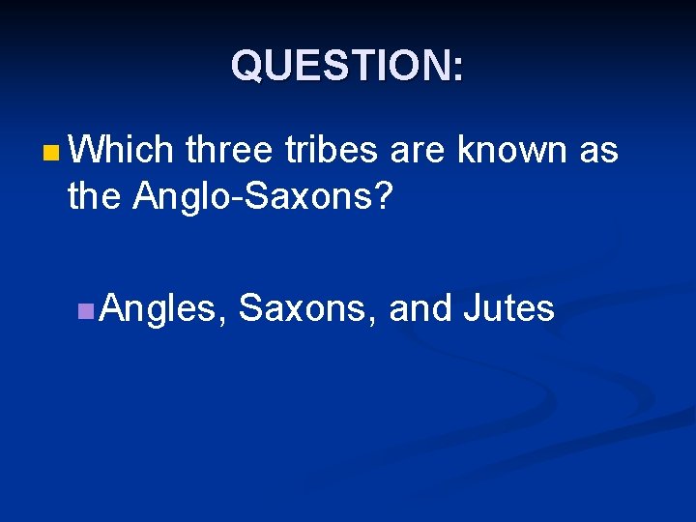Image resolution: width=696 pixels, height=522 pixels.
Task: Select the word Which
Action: click(x=121, y=150)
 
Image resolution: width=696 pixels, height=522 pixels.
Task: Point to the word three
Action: click(x=231, y=150)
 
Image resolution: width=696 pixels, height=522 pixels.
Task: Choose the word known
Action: click(x=511, y=150)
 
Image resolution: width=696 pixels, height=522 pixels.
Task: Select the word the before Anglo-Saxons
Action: click(x=96, y=196)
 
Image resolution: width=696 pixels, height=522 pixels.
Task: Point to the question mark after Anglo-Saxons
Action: click(x=383, y=196)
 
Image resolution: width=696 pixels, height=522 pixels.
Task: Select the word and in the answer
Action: click(x=420, y=308)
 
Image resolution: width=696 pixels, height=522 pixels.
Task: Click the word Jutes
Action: click(x=509, y=308)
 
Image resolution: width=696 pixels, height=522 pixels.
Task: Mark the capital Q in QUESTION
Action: click(x=246, y=67)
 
